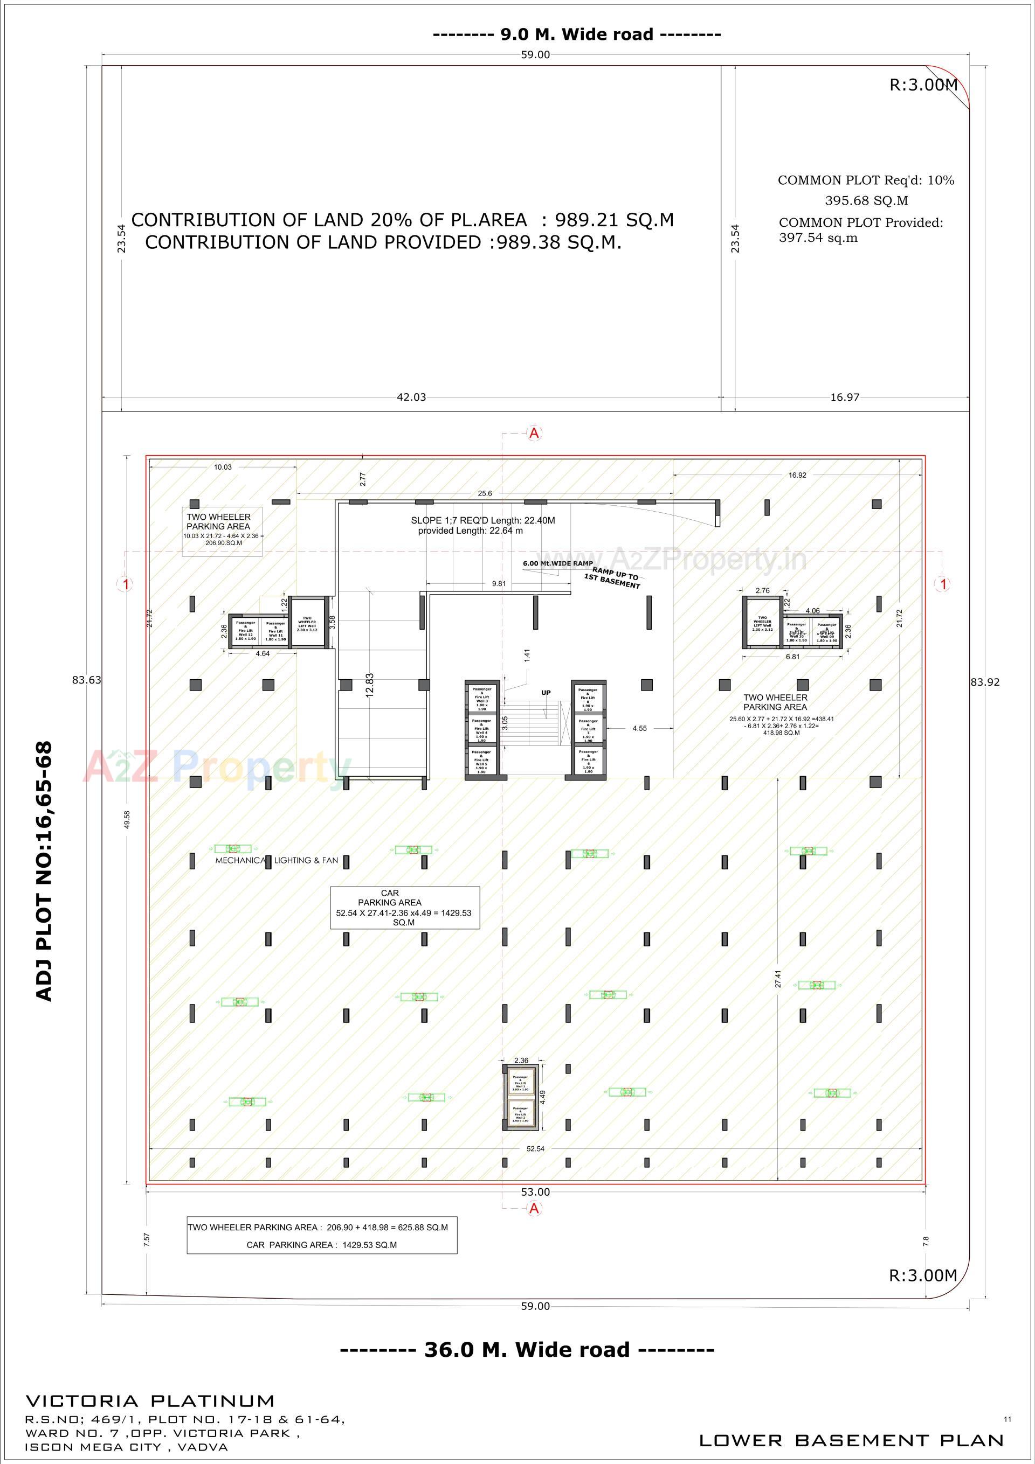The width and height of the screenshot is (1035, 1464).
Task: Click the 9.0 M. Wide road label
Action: point(577,34)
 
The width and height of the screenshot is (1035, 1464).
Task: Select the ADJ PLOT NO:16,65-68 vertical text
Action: point(43,871)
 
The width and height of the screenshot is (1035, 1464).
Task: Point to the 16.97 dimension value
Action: point(844,398)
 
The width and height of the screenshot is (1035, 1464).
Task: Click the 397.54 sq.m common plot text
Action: point(818,239)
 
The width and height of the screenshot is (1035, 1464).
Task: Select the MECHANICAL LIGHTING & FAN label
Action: point(277,860)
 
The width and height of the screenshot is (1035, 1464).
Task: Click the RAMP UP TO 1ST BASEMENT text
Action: point(612,578)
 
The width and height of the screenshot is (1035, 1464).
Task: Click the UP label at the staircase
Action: point(546,693)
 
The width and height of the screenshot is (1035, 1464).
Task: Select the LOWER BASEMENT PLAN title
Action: point(851,1440)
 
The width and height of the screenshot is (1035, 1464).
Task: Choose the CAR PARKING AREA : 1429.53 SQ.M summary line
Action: point(322,1245)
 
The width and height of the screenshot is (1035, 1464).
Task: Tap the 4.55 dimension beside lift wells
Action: point(639,728)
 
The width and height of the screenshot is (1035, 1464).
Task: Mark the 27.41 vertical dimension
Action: point(778,979)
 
